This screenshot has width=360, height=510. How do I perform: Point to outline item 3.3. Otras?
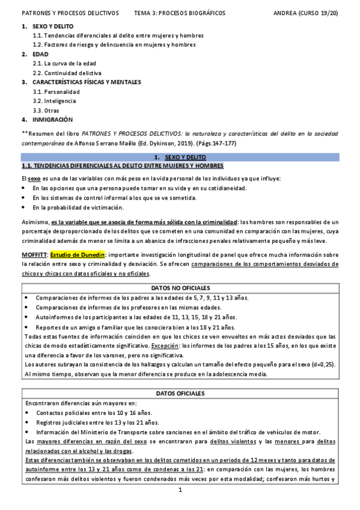pyautogui.click(x=46, y=110)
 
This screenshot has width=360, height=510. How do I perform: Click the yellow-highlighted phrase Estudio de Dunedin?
pyautogui.click(x=78, y=254)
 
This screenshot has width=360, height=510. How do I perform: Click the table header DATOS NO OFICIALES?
pyautogui.click(x=180, y=289)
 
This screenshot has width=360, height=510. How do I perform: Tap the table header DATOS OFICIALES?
pyautogui.click(x=180, y=393)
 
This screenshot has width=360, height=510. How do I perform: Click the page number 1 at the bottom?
pyautogui.click(x=180, y=490)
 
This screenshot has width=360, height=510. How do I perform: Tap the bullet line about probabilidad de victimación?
pyautogui.click(x=79, y=207)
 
